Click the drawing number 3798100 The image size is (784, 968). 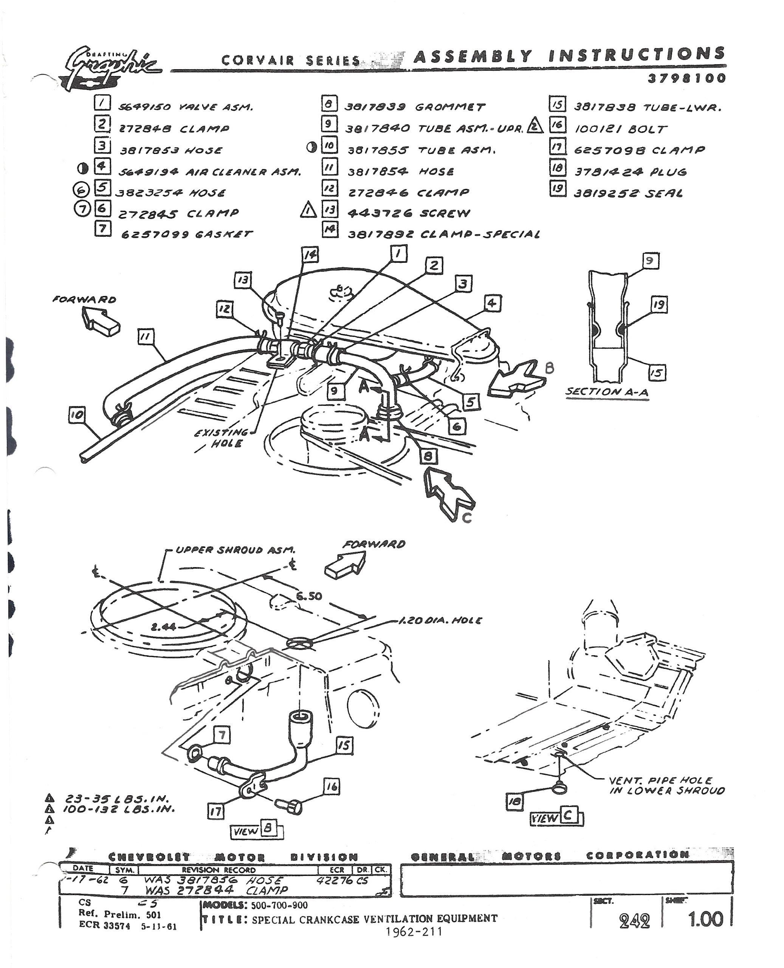[686, 78]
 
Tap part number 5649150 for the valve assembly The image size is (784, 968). [144, 107]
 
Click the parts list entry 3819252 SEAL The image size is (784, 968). [628, 193]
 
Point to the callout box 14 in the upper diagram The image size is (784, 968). [310, 255]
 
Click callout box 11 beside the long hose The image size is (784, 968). [146, 337]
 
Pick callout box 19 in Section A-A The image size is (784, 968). [659, 304]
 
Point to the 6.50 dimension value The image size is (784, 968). [309, 596]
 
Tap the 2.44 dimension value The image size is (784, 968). [163, 627]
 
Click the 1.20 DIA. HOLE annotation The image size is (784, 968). [440, 621]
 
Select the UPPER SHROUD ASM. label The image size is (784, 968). [235, 550]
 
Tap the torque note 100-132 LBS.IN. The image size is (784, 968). [118, 809]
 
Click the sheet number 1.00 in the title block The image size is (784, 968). [705, 919]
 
